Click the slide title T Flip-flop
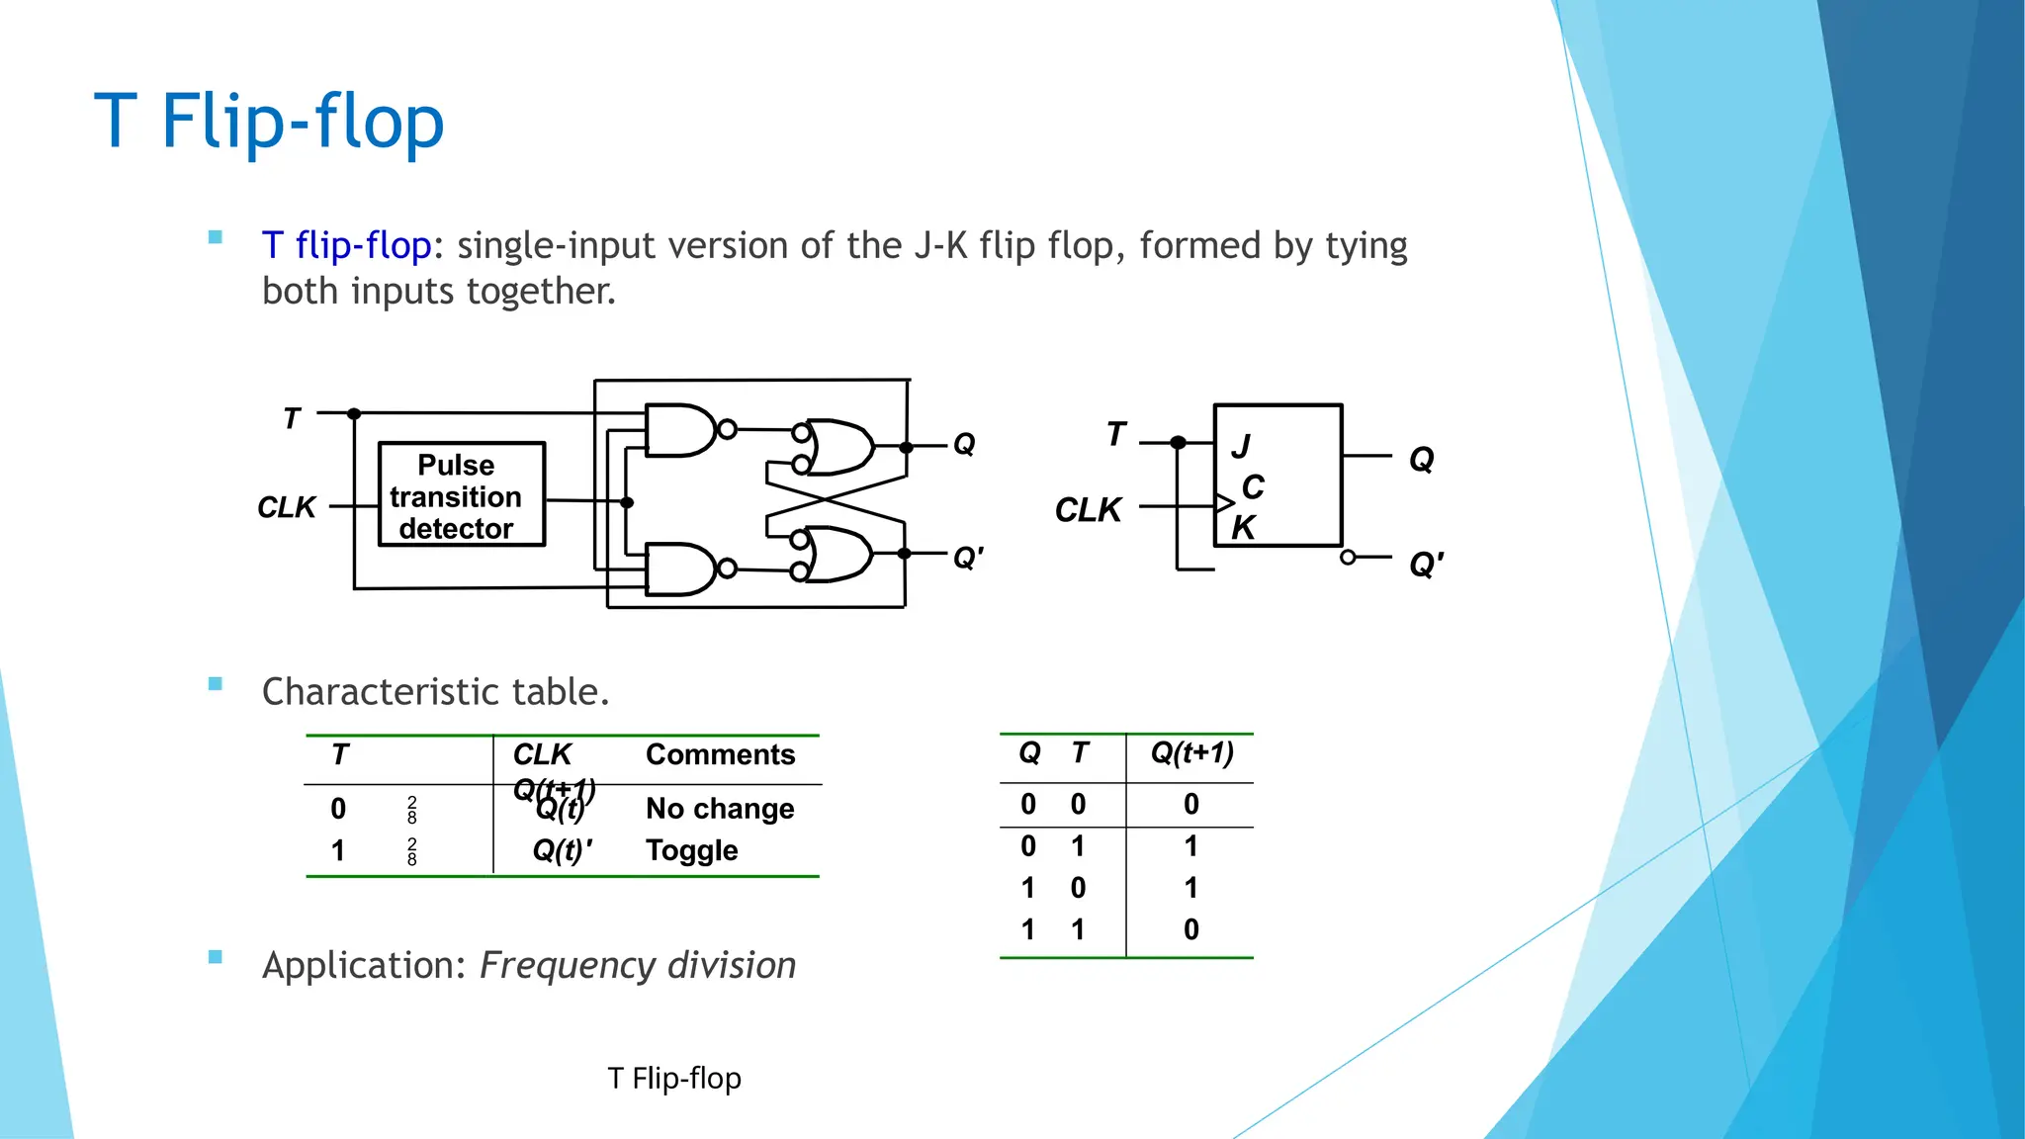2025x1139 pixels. [269, 121]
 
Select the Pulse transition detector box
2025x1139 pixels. [461, 494]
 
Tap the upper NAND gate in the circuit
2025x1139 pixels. [680, 430]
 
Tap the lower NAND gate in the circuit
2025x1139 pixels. [680, 569]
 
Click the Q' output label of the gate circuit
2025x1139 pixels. [967, 559]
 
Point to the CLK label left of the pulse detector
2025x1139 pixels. [286, 507]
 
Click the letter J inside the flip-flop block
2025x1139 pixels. [1241, 446]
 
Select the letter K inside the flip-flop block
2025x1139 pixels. [1243, 527]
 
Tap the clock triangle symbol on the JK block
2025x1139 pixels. [1224, 503]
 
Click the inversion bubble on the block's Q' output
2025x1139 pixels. [1348, 558]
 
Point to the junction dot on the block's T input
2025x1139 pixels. [1178, 442]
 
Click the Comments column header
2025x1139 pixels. [720, 754]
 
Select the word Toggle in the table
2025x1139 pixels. [691, 850]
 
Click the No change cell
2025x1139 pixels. [720, 809]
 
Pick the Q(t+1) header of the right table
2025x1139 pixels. [1191, 752]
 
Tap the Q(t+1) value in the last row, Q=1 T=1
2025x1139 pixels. [1190, 929]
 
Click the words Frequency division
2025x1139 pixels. [638, 965]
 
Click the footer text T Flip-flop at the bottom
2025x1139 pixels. [673, 1078]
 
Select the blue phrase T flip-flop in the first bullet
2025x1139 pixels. [346, 245]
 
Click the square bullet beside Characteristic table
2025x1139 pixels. [216, 684]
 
